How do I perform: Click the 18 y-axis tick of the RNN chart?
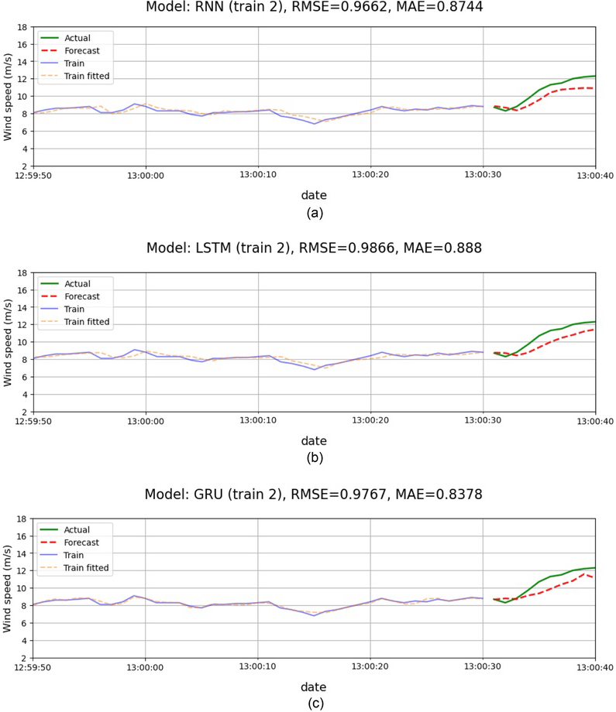[22, 26]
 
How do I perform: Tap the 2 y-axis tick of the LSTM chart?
[25, 412]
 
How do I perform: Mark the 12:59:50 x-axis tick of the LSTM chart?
[33, 423]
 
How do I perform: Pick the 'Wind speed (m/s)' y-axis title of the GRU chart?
[9, 588]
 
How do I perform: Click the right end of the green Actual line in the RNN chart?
[594, 76]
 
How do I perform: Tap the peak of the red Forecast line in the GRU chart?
[587, 573]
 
